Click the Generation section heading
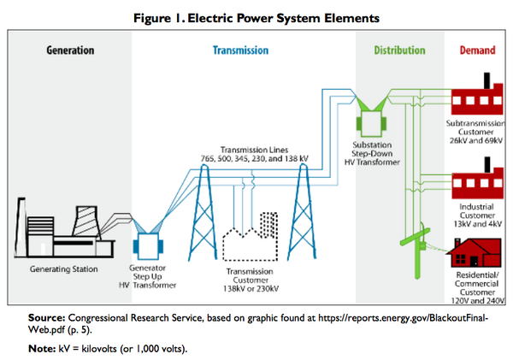click(70, 50)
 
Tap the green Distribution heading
click(398, 50)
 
